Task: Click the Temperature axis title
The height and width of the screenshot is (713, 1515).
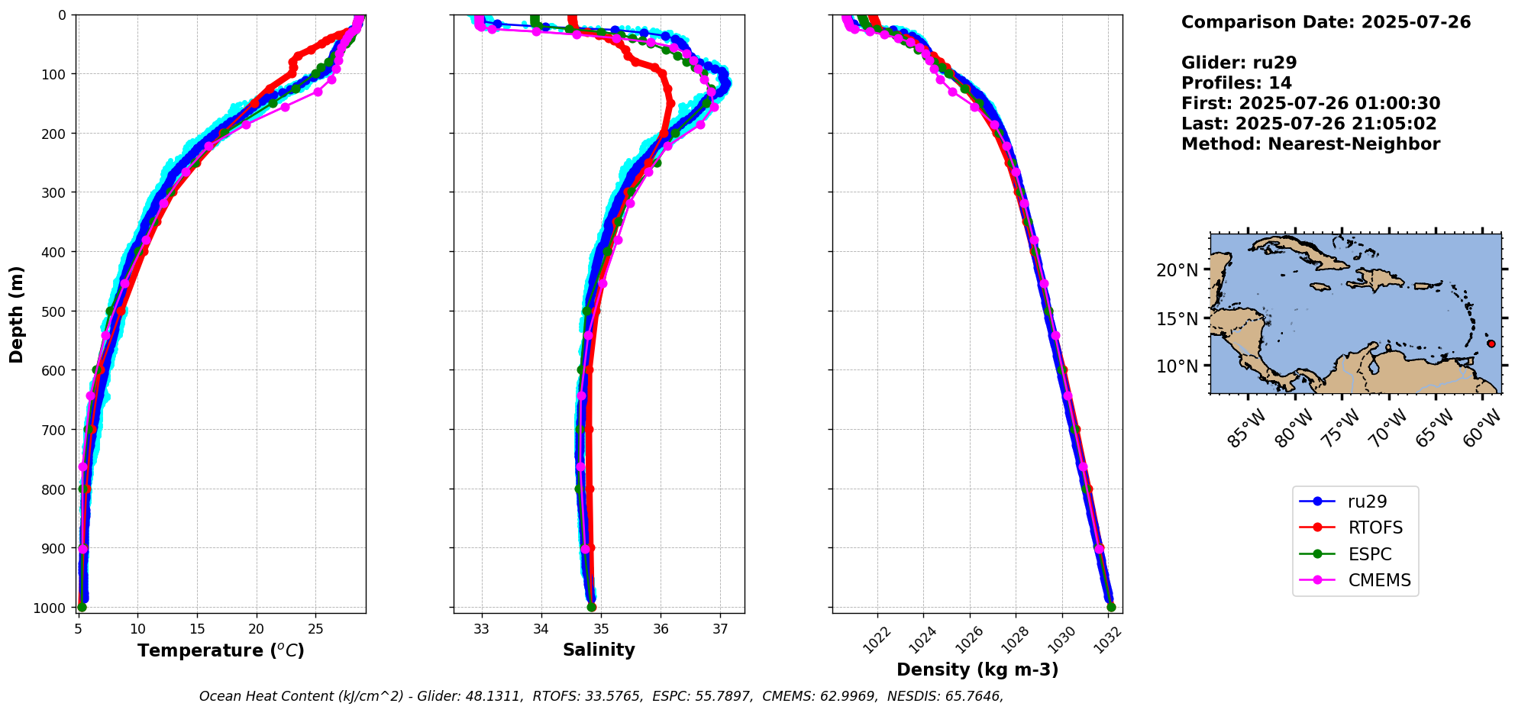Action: click(x=221, y=650)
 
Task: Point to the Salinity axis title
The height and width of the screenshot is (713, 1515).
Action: click(x=599, y=650)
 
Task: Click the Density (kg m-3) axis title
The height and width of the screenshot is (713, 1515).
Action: click(x=977, y=669)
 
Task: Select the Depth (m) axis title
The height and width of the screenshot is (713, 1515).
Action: click(x=17, y=314)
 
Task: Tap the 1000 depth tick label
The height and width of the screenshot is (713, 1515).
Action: click(x=53, y=608)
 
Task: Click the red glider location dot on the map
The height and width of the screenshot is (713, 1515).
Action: click(x=1491, y=344)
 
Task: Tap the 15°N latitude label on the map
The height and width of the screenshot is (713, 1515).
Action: click(x=1177, y=318)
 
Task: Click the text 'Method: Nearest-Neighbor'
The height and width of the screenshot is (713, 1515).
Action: click(x=1310, y=144)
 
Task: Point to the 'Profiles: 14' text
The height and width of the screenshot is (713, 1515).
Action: click(x=1236, y=83)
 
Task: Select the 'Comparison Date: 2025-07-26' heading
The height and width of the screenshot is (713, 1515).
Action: click(x=1326, y=22)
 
